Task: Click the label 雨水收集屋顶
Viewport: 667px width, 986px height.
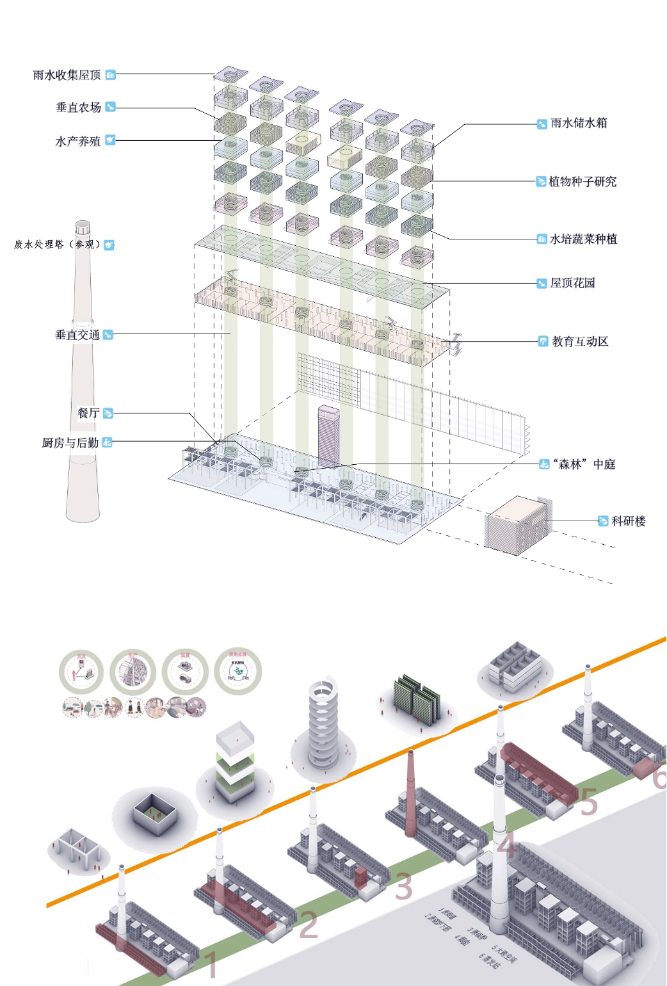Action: (x=67, y=75)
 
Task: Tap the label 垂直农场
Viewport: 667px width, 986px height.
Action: (x=78, y=108)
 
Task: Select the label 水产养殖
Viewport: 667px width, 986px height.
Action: (x=77, y=141)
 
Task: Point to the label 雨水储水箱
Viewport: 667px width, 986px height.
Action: (x=579, y=123)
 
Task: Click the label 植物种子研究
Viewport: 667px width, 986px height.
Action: (x=583, y=182)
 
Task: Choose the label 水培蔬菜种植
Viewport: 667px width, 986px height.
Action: (x=583, y=239)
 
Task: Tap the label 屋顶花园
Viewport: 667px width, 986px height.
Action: (x=572, y=283)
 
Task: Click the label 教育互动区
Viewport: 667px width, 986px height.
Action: (x=580, y=342)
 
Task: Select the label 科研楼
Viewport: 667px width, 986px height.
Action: (x=629, y=521)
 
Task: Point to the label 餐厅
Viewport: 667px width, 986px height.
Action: (x=88, y=413)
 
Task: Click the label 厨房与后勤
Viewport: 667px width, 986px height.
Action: (x=70, y=442)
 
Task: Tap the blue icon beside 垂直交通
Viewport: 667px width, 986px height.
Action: (x=108, y=334)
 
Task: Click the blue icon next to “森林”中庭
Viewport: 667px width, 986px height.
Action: (x=544, y=464)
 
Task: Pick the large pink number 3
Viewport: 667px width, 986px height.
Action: (x=403, y=887)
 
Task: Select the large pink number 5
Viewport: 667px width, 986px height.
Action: (x=588, y=802)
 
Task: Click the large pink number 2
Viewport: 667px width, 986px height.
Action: (x=309, y=925)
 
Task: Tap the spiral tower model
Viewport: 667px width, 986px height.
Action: (x=323, y=723)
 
